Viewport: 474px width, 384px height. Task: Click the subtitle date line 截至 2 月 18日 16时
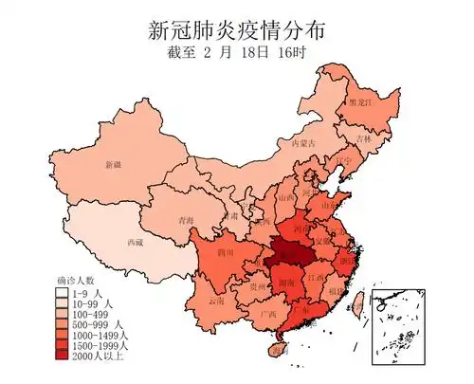tap(237, 53)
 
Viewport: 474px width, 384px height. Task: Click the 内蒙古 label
tap(301, 143)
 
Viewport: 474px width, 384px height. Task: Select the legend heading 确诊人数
tap(76, 281)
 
